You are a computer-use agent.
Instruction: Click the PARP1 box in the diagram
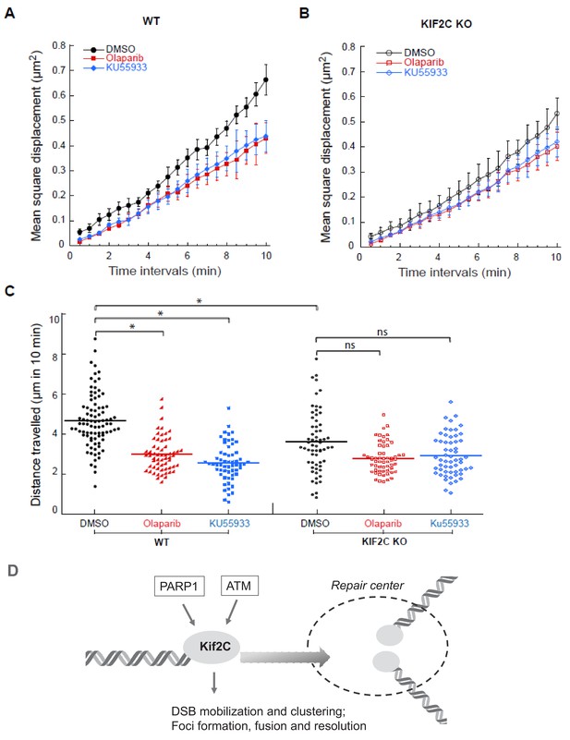(178, 587)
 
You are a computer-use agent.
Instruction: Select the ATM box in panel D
(239, 586)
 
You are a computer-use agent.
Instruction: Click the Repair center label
(367, 586)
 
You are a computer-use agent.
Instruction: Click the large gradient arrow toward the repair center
(285, 657)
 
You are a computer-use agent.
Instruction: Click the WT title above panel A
(151, 21)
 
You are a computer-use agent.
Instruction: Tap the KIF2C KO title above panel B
(446, 24)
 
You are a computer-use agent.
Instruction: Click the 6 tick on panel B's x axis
(477, 257)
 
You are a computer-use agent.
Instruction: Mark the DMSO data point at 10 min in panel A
(266, 79)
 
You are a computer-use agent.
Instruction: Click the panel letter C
(9, 290)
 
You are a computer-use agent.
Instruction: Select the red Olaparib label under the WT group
(162, 524)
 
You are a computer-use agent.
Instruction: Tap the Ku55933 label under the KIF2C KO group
(450, 523)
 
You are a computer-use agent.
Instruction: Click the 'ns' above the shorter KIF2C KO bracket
(349, 345)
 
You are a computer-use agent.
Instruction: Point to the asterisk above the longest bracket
(200, 301)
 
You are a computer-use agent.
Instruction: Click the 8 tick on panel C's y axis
(55, 357)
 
